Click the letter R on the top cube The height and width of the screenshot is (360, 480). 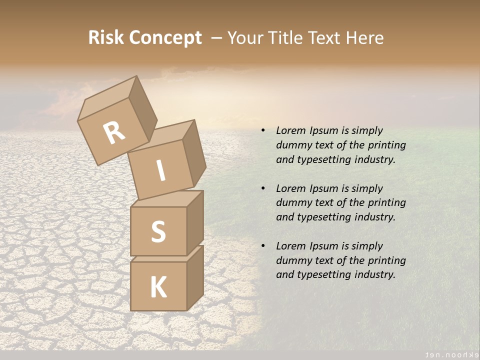[114, 132]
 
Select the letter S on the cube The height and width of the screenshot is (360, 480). [158, 231]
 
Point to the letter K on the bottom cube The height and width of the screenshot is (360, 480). [158, 287]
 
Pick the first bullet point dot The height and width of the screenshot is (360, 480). [263, 131]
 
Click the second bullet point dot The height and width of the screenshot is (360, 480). [263, 189]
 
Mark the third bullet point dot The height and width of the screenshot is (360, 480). [263, 246]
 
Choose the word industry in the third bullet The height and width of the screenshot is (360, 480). [374, 274]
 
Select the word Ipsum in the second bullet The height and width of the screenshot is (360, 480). [324, 188]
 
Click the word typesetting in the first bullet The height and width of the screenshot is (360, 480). [326, 160]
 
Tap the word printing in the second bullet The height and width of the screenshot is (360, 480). [386, 202]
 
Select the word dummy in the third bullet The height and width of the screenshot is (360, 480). [292, 260]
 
